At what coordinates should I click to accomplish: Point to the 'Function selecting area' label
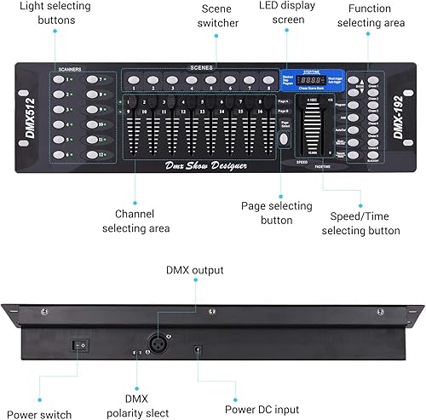[x=371, y=16]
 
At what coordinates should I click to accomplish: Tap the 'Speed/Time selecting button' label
[x=360, y=222]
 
